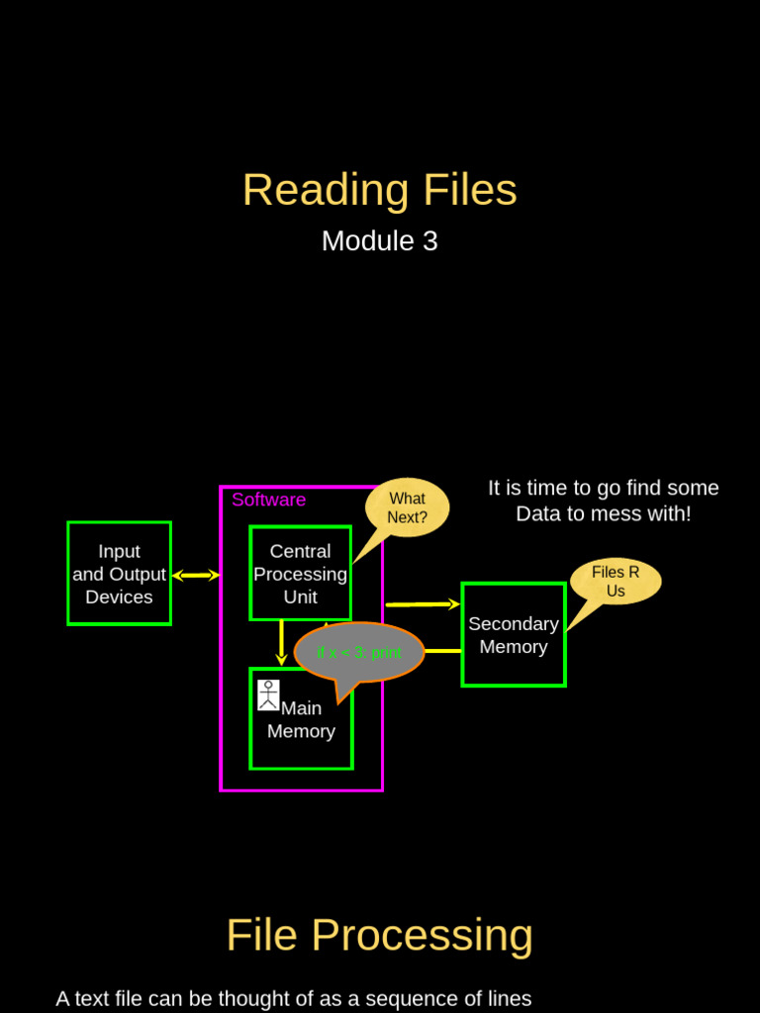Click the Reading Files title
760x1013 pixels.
tap(379, 190)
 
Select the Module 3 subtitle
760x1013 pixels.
tap(379, 241)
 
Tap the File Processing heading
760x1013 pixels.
tap(379, 935)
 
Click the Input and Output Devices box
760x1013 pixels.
tap(119, 574)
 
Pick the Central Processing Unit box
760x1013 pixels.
tap(300, 574)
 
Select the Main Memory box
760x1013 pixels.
tap(301, 732)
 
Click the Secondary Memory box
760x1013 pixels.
tap(513, 635)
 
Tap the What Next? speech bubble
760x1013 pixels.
tap(407, 507)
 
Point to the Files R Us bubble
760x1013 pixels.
tap(616, 582)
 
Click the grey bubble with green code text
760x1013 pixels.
tap(359, 653)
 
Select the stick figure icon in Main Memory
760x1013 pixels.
tap(268, 694)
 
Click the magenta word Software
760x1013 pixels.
tap(268, 500)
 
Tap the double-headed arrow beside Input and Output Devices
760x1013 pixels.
tap(196, 575)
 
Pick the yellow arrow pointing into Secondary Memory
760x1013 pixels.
tap(423, 603)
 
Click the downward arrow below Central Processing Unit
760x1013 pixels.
tap(281, 643)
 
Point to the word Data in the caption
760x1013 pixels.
tap(538, 514)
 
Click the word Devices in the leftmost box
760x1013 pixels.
tap(119, 598)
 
